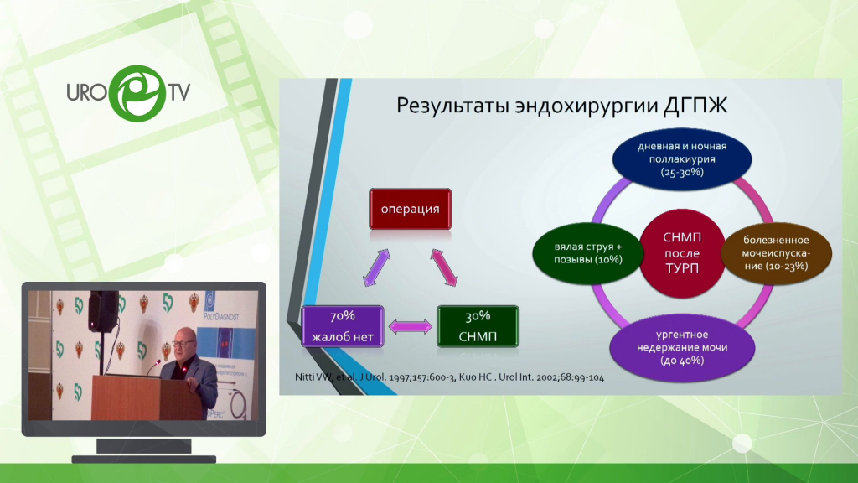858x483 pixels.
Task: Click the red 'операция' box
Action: pos(411,209)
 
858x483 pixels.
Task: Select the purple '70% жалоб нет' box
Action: pos(343,326)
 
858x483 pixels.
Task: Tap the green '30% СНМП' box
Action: pos(478,326)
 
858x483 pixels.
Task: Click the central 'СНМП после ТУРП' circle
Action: pos(682,253)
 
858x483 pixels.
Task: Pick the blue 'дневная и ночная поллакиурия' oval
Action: pos(682,158)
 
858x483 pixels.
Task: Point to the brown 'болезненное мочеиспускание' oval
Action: pos(776,253)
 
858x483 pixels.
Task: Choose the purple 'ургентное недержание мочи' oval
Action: pos(682,347)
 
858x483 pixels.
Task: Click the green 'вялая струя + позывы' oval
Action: pos(587,253)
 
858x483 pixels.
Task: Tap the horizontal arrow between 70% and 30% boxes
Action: pos(411,327)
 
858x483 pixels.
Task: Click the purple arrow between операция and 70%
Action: pos(377,267)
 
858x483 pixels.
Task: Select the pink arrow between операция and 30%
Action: pos(444,267)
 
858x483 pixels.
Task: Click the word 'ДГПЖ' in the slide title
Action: pos(695,105)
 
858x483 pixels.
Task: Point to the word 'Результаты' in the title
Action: pos(453,106)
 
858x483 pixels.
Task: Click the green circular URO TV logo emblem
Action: pos(137,93)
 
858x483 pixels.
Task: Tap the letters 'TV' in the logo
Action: pos(179,92)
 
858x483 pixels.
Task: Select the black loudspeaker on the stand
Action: pos(102,310)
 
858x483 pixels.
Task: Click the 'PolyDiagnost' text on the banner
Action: pos(221,316)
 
